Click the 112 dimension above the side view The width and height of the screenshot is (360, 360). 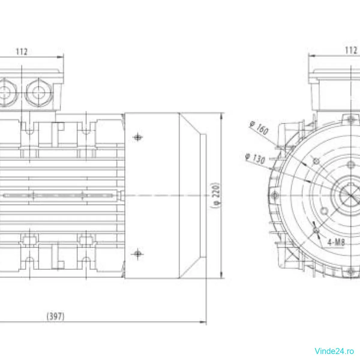tap(22, 52)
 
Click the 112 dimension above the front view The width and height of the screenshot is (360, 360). tap(351, 50)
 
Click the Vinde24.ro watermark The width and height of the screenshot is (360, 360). tap(334, 350)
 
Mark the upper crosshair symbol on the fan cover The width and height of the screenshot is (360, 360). tap(137, 137)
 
